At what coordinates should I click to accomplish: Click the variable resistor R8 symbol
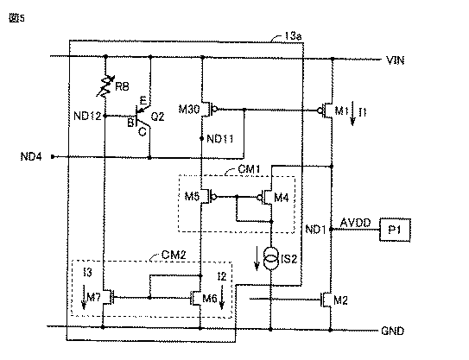click(x=105, y=86)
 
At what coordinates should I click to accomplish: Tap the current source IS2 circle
click(x=271, y=259)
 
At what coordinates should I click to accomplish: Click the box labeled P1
click(x=395, y=230)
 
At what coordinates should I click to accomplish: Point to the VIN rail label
click(x=395, y=60)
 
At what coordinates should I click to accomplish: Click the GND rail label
click(x=392, y=331)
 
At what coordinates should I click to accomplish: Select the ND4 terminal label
click(x=31, y=156)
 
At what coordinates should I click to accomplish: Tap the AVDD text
click(x=356, y=223)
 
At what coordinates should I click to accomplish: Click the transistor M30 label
click(x=189, y=109)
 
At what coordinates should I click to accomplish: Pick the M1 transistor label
click(x=342, y=111)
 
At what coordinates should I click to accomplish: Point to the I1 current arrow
click(x=353, y=113)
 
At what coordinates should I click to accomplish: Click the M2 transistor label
click(x=340, y=300)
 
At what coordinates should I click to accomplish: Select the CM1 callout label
click(x=249, y=169)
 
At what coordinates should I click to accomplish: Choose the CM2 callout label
click(x=174, y=255)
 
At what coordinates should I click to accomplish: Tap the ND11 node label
click(x=220, y=139)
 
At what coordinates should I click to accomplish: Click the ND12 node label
click(x=87, y=116)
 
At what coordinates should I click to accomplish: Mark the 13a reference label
click(x=293, y=36)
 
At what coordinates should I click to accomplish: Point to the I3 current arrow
click(x=84, y=297)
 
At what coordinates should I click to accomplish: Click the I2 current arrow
click(x=222, y=297)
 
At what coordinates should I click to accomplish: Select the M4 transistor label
click(x=282, y=198)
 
